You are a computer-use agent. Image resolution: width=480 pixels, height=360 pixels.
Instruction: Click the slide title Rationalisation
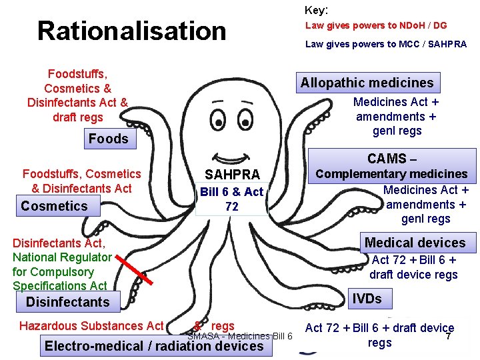pos(132,31)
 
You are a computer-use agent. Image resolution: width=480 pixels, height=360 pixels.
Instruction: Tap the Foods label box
pos(108,139)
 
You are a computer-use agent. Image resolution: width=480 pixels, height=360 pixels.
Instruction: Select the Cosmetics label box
pos(55,206)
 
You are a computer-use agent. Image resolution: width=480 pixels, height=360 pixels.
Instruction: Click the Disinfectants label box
pos(67,302)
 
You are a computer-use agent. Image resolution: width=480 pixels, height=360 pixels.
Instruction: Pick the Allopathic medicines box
pos(367,83)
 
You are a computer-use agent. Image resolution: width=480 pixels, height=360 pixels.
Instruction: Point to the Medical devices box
pos(415,243)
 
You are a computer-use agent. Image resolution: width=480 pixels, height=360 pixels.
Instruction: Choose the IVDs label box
pos(367,299)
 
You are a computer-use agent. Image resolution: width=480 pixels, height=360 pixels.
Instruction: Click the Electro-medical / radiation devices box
pos(154,346)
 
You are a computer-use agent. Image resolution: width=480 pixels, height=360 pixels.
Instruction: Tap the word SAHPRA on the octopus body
pos(232,175)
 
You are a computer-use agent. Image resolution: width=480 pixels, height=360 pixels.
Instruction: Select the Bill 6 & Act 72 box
pos(232,199)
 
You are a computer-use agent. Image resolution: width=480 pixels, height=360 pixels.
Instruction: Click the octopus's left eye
pos(218,121)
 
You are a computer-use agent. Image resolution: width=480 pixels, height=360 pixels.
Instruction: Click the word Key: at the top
pos(317,10)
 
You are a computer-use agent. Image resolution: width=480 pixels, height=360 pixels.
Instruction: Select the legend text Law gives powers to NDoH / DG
pos(376,25)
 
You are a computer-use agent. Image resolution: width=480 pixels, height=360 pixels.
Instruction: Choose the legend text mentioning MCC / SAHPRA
pos(386,44)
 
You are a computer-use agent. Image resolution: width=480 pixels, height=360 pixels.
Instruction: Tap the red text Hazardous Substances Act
pos(91,325)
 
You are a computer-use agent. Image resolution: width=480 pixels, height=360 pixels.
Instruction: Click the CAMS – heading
pos(392,159)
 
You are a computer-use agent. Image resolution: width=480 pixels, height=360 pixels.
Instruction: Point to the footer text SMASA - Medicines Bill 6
pos(240,336)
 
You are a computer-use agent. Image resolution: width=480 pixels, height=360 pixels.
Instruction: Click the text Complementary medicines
pos(392,174)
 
